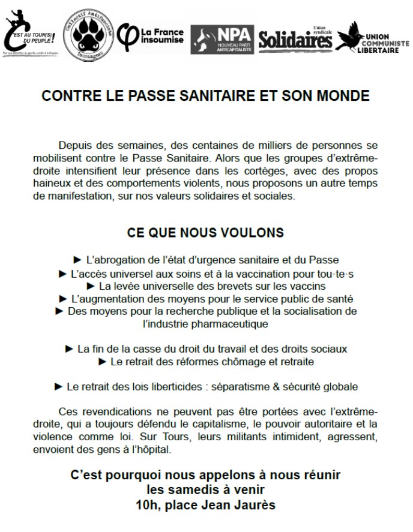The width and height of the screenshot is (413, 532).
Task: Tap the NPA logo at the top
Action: tap(222, 38)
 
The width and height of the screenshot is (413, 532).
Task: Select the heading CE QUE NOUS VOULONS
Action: tap(206, 232)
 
